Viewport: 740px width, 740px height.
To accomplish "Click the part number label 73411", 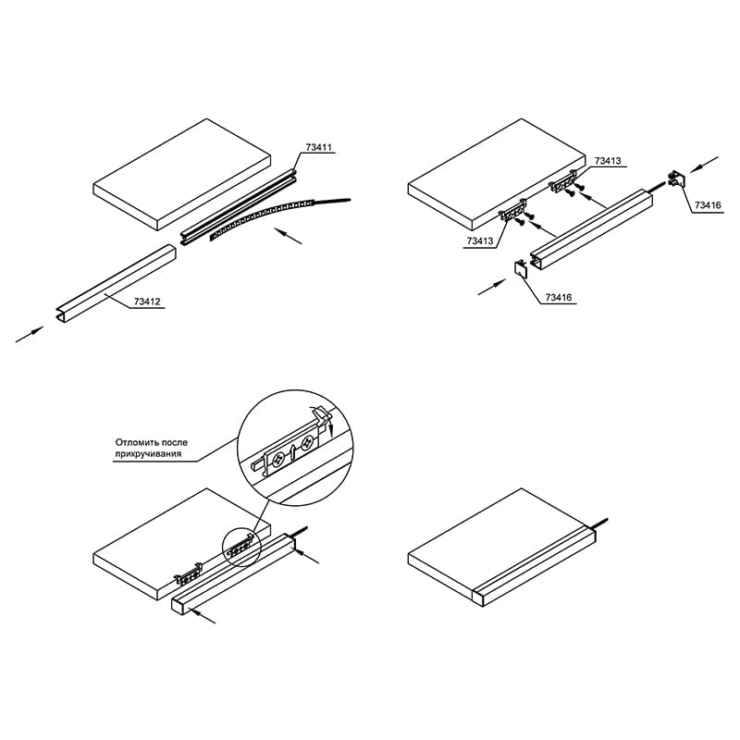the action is tap(318, 147).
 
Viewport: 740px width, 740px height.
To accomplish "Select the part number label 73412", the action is tap(147, 302).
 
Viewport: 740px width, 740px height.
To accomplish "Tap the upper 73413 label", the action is tap(608, 161).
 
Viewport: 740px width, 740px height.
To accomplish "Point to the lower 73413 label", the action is tap(479, 240).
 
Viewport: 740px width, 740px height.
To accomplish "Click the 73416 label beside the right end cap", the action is tap(708, 205).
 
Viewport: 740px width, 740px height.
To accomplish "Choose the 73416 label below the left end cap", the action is tap(559, 297).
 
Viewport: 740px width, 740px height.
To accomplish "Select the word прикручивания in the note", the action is tap(148, 454).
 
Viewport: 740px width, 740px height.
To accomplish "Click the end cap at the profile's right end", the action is tap(677, 179).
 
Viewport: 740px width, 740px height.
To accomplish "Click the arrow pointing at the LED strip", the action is tap(289, 237).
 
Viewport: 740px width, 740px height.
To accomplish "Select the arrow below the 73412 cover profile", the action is tap(30, 334).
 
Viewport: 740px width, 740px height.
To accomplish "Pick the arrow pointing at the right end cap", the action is tap(705, 165).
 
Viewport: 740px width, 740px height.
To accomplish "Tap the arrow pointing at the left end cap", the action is tap(492, 287).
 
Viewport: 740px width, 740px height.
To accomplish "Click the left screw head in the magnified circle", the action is tap(277, 458).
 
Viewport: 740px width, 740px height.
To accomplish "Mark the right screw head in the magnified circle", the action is tap(308, 443).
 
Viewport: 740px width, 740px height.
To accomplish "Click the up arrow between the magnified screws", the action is tap(292, 451).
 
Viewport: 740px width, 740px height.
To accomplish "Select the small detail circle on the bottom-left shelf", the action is tap(241, 547).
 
